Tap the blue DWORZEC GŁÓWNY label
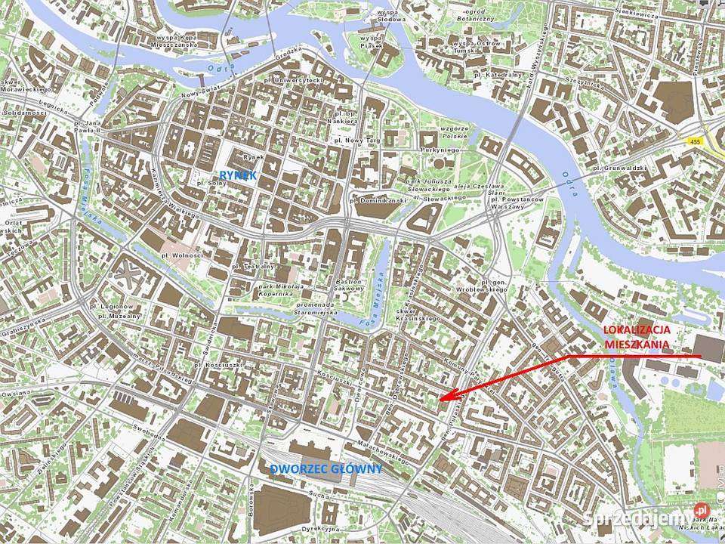coord(325,469)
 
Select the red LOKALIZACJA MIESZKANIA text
coord(637,337)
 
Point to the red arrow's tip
coord(440,398)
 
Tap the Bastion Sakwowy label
coord(350,285)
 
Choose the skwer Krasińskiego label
coord(418,314)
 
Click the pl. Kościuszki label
coord(217,365)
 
